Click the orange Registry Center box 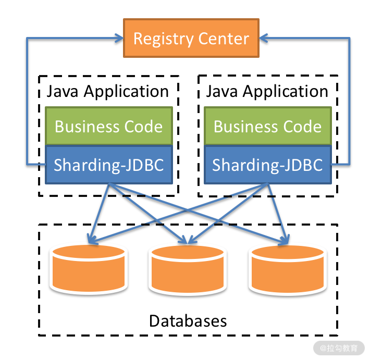(191, 39)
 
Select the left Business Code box (108, 126)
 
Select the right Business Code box (267, 126)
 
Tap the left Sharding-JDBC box (108, 165)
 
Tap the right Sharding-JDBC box (267, 165)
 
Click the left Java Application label (108, 92)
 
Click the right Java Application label (267, 92)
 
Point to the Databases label (188, 320)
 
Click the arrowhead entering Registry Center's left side (118, 38)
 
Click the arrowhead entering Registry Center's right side (264, 38)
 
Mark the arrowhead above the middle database (187, 240)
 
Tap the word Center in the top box (223, 39)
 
